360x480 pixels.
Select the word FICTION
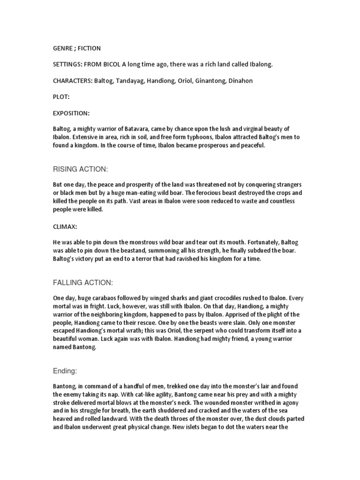coord(90,48)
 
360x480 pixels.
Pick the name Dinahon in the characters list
coord(240,81)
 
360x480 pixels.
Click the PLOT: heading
coord(61,97)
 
